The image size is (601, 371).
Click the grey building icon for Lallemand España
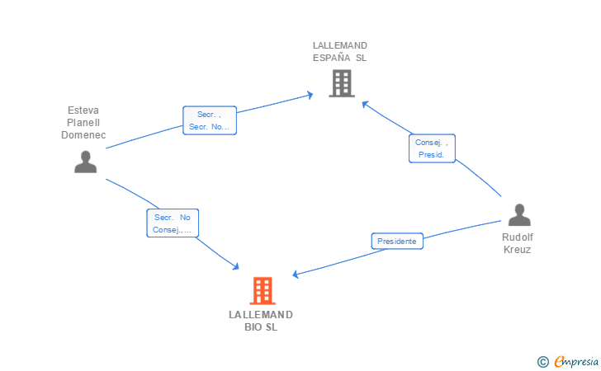342,83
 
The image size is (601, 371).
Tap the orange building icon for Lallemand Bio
263,290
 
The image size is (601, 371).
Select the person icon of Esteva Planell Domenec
86,162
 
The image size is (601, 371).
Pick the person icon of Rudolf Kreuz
519,215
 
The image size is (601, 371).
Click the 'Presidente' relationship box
397,242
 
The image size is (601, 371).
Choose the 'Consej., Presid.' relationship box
432,148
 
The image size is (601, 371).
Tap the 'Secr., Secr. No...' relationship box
210,120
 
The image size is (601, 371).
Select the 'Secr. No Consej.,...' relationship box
173,223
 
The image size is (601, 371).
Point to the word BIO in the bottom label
253,327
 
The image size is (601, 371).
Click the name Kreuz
517,250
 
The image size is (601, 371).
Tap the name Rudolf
518,237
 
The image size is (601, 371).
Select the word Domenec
83,135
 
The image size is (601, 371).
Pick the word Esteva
83,110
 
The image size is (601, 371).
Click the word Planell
83,123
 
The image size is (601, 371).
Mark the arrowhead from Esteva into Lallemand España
310,95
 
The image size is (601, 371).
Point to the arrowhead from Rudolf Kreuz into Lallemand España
365,104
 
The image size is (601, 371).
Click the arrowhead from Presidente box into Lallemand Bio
296,275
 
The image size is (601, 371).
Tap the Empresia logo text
576,361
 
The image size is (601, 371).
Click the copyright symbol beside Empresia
542,362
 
